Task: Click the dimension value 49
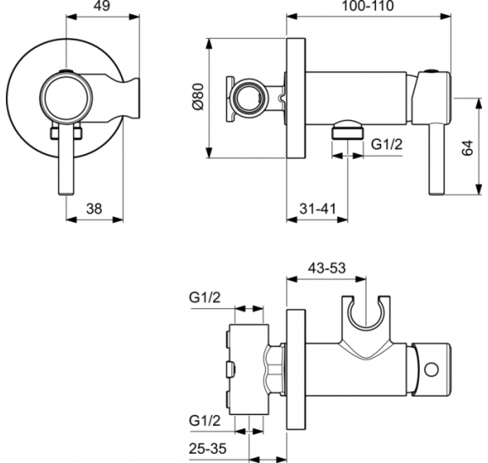point(99,7)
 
